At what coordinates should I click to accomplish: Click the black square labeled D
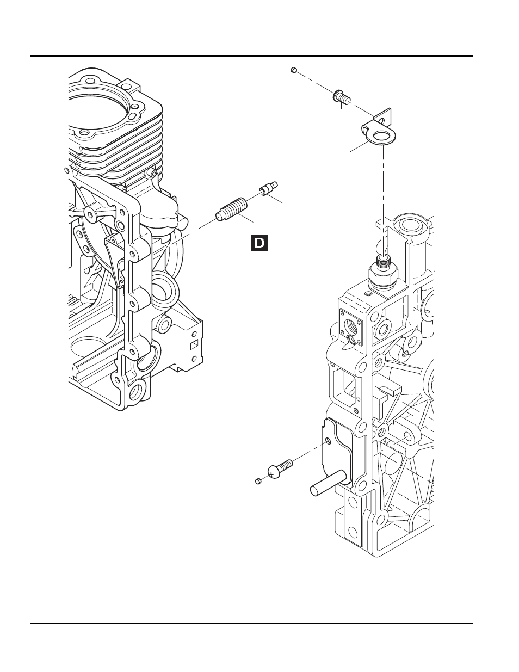point(259,243)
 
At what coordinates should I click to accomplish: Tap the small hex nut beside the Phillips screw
point(258,481)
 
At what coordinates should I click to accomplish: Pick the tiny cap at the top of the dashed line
point(294,71)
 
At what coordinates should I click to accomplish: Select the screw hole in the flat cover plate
point(329,440)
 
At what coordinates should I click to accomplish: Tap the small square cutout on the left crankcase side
point(194,346)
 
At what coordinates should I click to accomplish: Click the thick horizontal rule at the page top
point(252,56)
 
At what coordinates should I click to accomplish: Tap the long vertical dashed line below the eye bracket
point(384,200)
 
